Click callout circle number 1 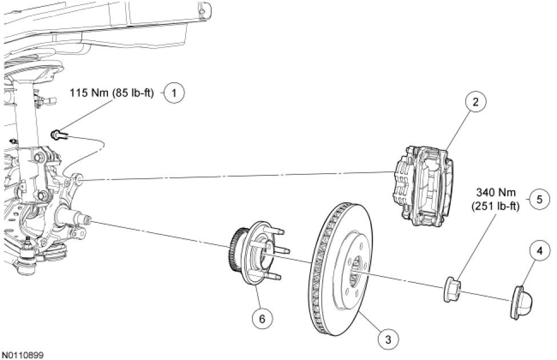(175, 92)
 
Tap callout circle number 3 (388, 339)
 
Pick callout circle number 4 (539, 250)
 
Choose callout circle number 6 (262, 318)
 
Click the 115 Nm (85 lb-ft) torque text (112, 93)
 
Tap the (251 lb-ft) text (495, 206)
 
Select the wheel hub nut (453, 288)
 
